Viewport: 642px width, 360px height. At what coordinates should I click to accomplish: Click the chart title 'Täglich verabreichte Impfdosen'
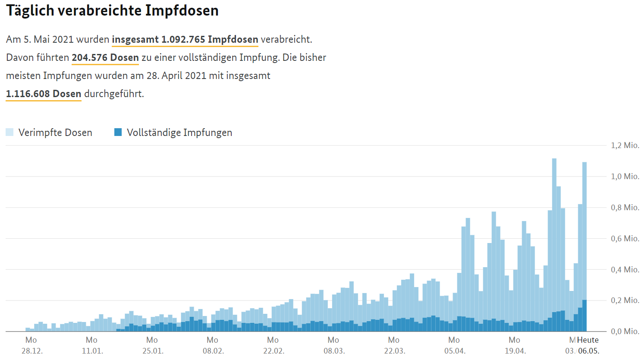click(x=112, y=10)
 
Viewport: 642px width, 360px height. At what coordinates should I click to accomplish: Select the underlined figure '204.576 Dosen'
click(x=105, y=57)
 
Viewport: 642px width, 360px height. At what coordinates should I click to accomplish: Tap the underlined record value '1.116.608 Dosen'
click(x=44, y=94)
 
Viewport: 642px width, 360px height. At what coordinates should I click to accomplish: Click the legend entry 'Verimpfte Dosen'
click(x=55, y=133)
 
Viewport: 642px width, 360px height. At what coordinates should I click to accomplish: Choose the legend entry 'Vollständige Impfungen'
click(x=179, y=133)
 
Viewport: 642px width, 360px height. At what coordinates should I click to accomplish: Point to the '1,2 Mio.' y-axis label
click(x=625, y=145)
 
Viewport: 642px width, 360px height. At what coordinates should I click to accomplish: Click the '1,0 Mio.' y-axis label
click(x=625, y=177)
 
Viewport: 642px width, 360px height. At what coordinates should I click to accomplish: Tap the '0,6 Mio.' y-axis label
click(x=625, y=239)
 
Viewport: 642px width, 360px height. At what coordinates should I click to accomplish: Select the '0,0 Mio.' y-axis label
click(x=625, y=332)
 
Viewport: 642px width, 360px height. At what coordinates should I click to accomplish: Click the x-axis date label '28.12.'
click(x=32, y=351)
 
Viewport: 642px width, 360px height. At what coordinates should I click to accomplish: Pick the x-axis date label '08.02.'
click(x=213, y=351)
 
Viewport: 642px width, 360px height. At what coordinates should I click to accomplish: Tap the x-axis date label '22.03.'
click(x=394, y=351)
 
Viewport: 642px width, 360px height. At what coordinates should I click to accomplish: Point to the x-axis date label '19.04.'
click(x=515, y=351)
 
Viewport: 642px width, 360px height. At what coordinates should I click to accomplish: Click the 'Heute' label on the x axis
click(x=588, y=340)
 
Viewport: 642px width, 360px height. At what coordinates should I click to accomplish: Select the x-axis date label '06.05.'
click(x=588, y=351)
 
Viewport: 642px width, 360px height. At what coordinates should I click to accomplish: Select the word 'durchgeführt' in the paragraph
click(x=113, y=94)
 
